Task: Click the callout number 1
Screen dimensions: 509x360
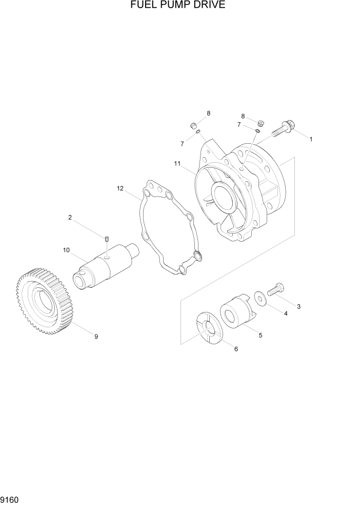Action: tap(311, 139)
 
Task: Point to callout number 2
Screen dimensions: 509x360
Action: tap(70, 218)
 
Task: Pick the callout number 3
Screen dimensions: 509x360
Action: tap(298, 307)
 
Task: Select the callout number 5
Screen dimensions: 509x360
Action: tap(261, 335)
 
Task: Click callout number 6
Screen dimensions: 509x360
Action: tap(236, 349)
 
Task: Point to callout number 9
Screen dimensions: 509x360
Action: tap(96, 337)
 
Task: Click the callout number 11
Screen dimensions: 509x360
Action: tap(177, 164)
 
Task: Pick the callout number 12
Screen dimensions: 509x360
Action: tap(121, 189)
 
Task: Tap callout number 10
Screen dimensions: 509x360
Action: tap(67, 250)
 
